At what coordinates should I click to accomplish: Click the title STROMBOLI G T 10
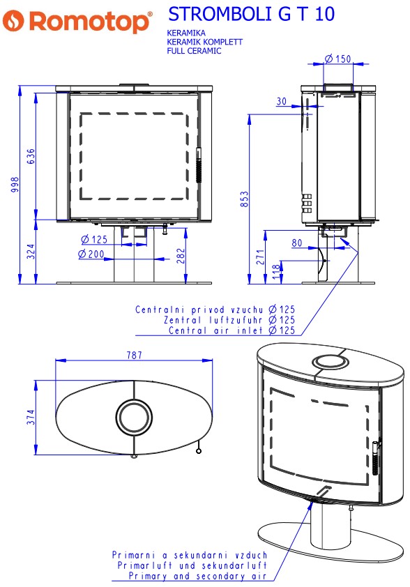[251, 14]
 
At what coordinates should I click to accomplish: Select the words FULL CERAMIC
[194, 51]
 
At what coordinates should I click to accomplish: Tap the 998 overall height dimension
[15, 185]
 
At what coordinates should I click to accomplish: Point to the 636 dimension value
[31, 156]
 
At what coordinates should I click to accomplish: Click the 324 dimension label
[31, 251]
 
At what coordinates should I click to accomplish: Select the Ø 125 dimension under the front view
[94, 239]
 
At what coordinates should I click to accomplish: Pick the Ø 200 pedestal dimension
[91, 254]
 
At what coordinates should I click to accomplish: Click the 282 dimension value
[181, 256]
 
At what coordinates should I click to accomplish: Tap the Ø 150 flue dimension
[337, 59]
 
